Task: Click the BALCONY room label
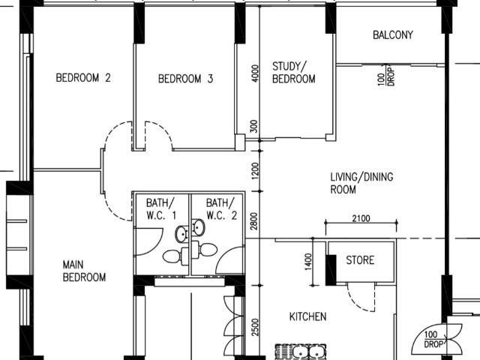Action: pos(392,35)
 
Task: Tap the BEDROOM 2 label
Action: pos(83,77)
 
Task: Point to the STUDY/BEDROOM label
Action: pos(293,72)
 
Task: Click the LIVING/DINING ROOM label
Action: pos(361,184)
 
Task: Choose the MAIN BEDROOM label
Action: pos(84,271)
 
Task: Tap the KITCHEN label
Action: pos(307,316)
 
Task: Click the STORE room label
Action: pos(360,260)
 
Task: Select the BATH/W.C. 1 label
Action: pos(160,209)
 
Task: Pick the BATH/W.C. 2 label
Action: pos(221,209)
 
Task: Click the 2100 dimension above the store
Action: pos(361,218)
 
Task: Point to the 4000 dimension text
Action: pos(255,73)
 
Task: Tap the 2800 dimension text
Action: pos(255,220)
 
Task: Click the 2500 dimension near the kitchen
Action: pos(255,327)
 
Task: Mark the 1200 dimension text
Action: pos(255,172)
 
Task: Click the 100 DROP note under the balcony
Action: pos(386,76)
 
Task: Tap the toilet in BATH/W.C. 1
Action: pos(172,256)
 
